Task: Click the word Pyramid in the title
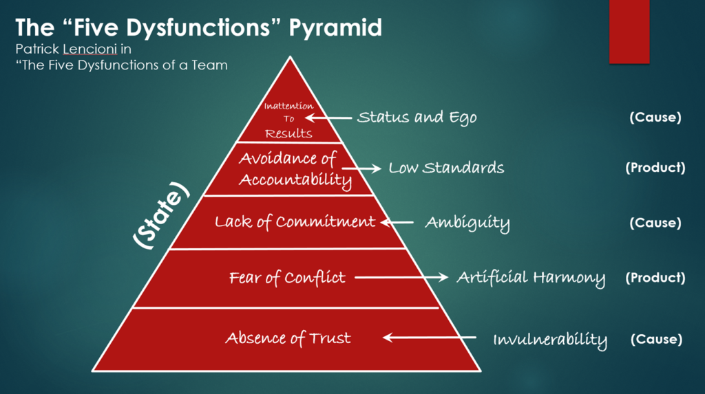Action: pos(335,28)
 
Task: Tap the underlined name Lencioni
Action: pos(90,49)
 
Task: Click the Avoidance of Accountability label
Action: pos(295,169)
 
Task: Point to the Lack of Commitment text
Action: pos(295,221)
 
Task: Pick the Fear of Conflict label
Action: pos(287,278)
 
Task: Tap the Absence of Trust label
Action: pos(288,338)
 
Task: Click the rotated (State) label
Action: pos(161,215)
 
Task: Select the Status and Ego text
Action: pos(417,118)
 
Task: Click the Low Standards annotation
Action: pos(446,168)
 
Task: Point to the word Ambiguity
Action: pos(467,223)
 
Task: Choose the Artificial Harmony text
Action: pos(531,278)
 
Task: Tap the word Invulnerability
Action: pos(550,340)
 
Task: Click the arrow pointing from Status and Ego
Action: pos(328,118)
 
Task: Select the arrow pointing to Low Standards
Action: pos(361,168)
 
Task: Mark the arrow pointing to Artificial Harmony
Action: pos(401,277)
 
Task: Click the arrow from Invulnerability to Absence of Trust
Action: pos(430,338)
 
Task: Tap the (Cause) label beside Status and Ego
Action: pos(655,118)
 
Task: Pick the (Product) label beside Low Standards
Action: pos(655,168)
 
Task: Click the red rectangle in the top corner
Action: pos(629,32)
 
